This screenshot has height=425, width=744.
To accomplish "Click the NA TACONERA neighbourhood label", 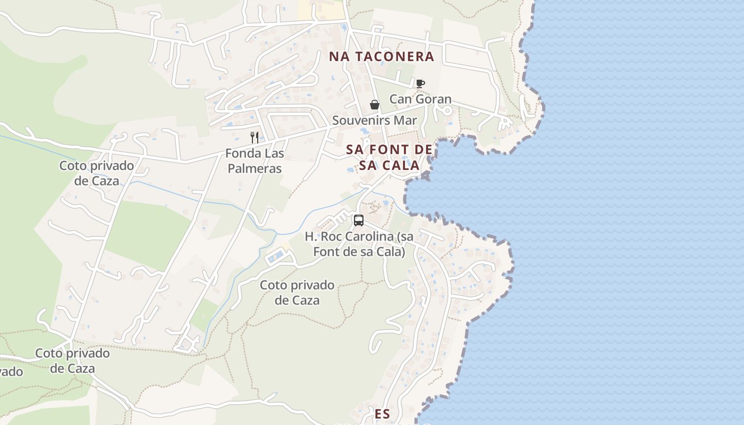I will tap(382, 56).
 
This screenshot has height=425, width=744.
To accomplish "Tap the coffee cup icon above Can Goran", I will tap(420, 83).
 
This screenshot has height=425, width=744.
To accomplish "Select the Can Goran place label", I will tap(420, 99).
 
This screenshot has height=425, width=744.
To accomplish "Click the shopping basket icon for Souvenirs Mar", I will tap(375, 105).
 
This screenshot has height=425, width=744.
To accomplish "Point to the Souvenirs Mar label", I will tap(375, 121).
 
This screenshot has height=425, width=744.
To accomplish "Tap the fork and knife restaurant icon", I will tap(255, 138).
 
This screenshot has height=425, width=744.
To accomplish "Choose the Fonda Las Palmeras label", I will tap(255, 161).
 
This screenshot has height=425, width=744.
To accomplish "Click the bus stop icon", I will tap(359, 220).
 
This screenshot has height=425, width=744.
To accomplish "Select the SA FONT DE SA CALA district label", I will tap(389, 157).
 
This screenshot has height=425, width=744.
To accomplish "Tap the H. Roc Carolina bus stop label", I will tap(359, 244).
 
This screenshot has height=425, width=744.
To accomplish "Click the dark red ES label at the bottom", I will tap(382, 414).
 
